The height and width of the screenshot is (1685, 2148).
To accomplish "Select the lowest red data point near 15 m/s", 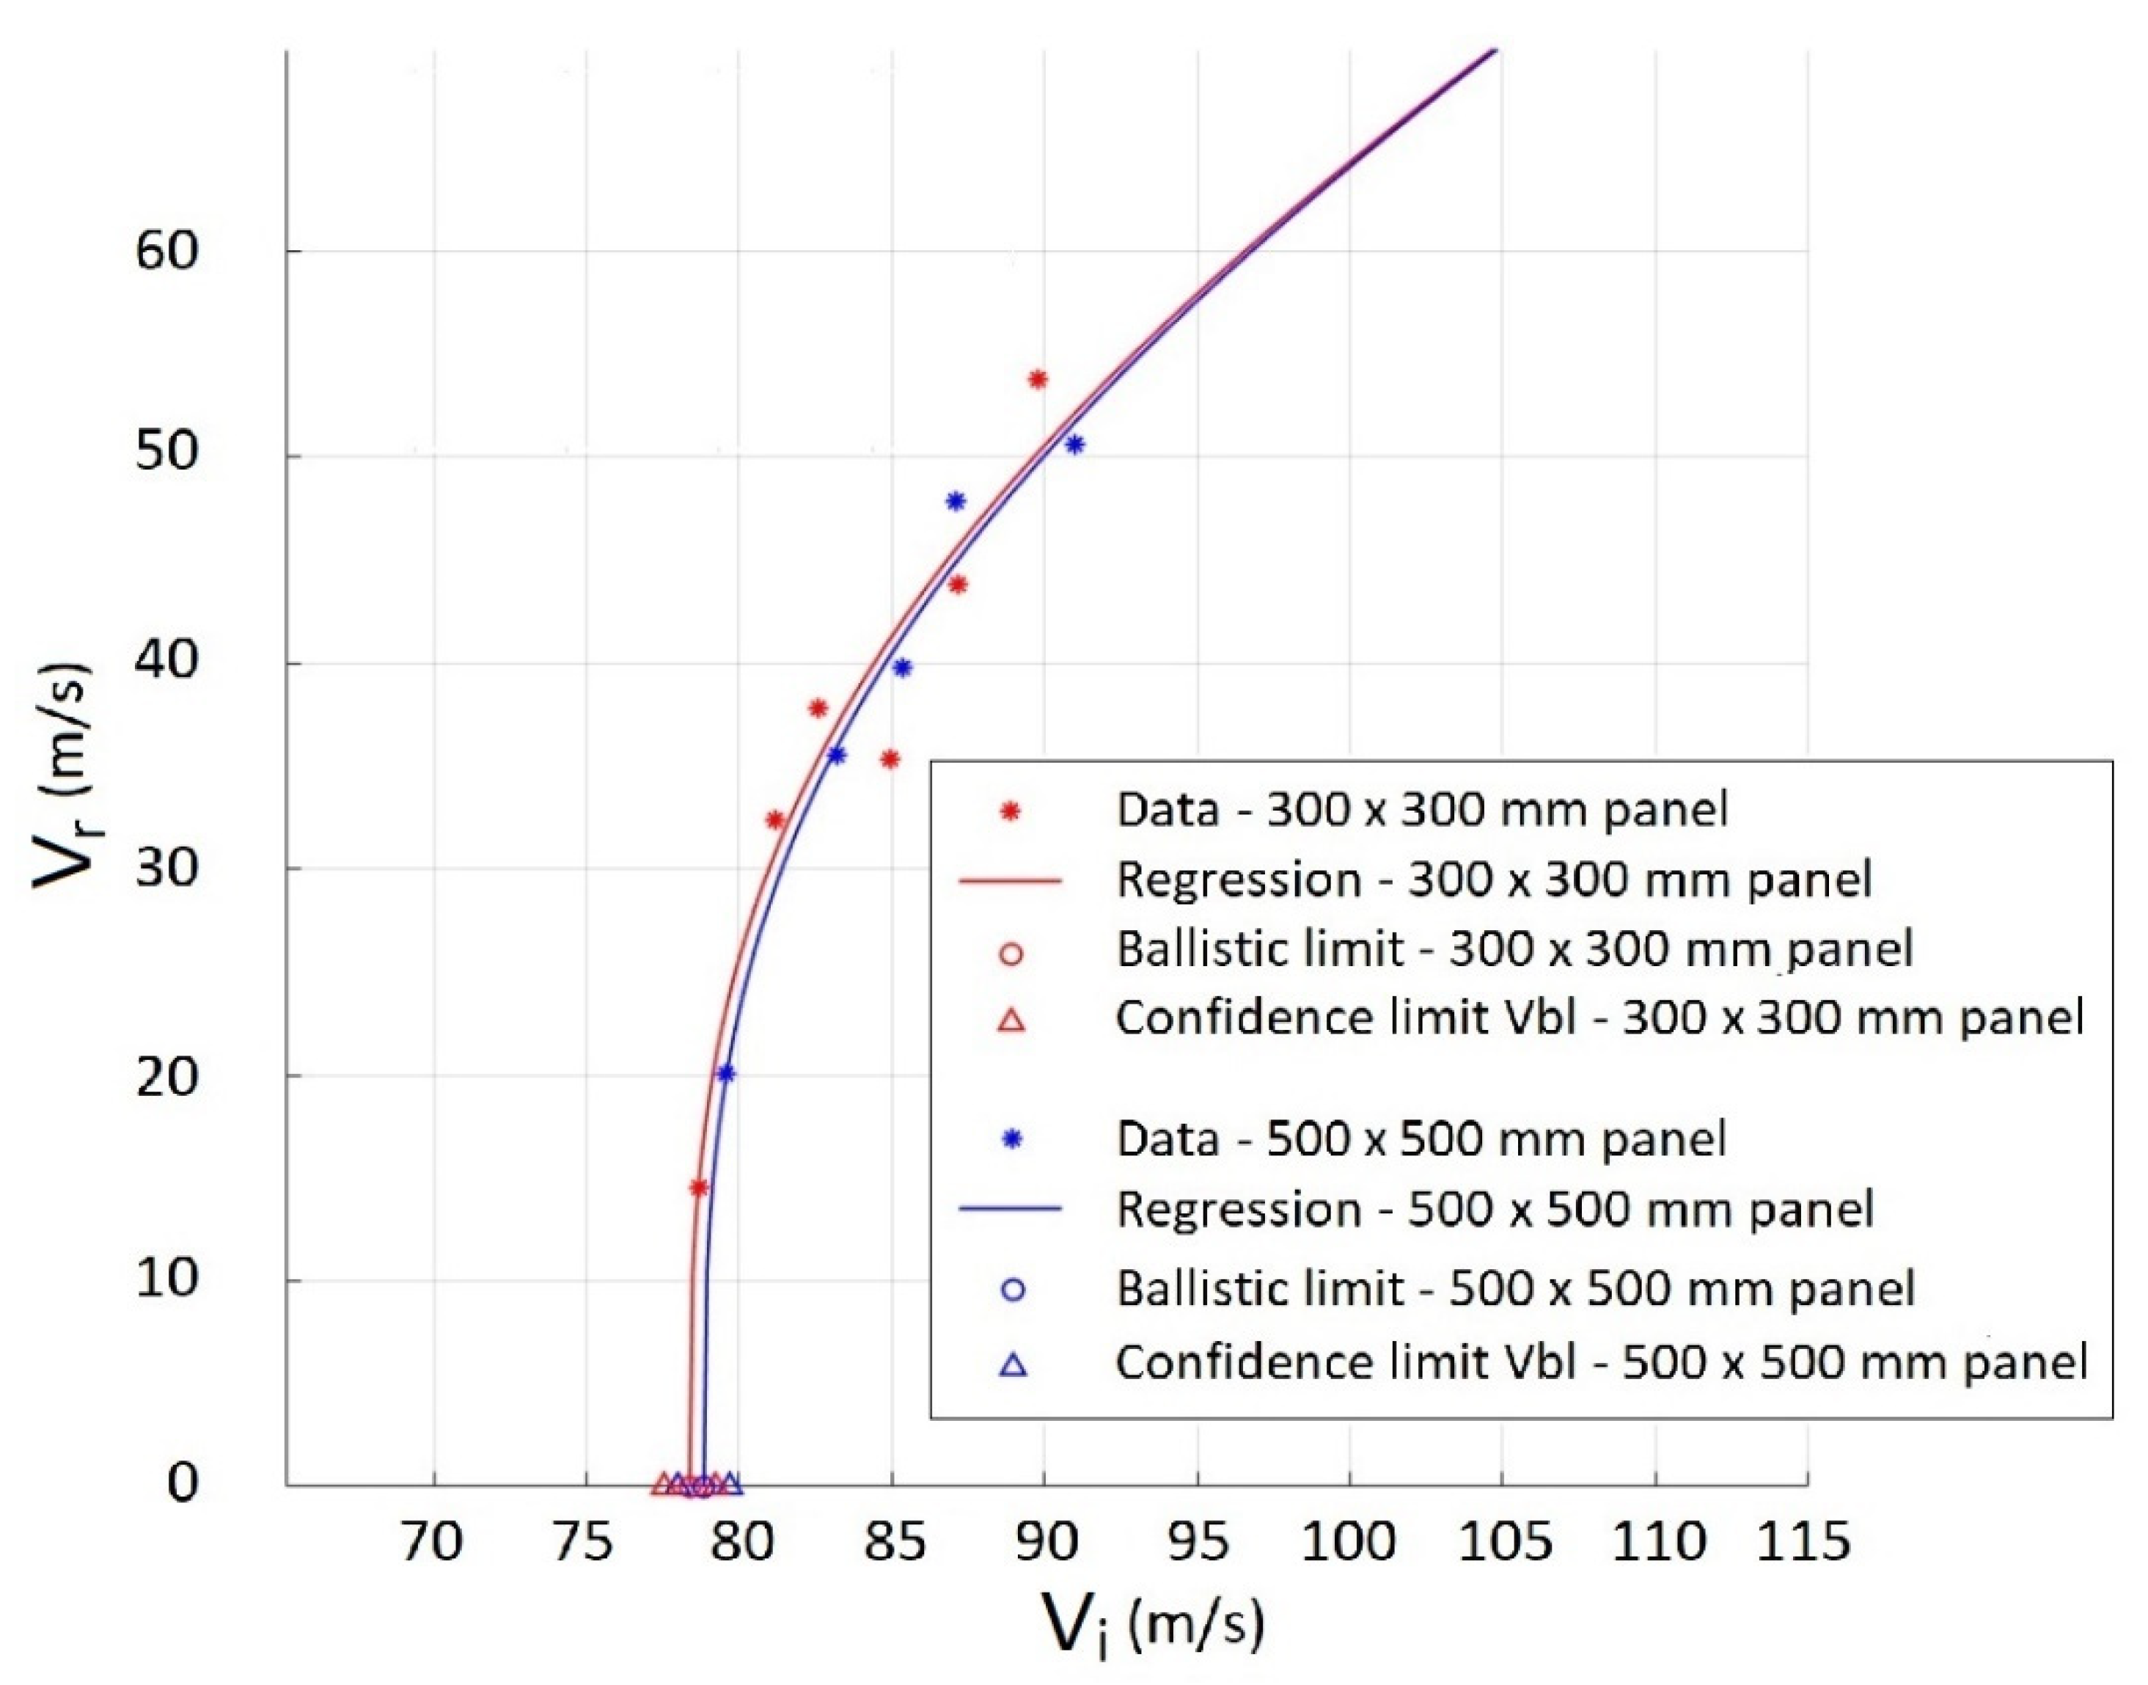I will pyautogui.click(x=698, y=1187).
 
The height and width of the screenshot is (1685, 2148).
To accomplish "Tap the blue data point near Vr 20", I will pyautogui.click(x=726, y=1072).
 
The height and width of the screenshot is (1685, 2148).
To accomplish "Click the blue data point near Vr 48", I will pyautogui.click(x=956, y=500).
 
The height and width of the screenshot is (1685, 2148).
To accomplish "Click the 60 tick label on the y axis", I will pyautogui.click(x=166, y=252).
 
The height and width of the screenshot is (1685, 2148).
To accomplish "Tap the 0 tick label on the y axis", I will pyautogui.click(x=183, y=1483).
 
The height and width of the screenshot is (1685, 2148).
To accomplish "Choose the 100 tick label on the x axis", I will pyautogui.click(x=1348, y=1542).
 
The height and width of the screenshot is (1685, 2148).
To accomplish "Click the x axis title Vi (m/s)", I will pyautogui.click(x=1154, y=1623).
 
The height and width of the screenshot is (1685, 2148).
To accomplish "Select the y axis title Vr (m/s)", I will pyautogui.click(x=61, y=775).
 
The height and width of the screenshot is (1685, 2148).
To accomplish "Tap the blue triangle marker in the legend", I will pyautogui.click(x=1013, y=1364).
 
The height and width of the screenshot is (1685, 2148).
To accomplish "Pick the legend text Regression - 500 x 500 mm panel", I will pyautogui.click(x=1494, y=1210).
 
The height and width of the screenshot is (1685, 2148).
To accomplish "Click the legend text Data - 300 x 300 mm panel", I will pyautogui.click(x=1421, y=810).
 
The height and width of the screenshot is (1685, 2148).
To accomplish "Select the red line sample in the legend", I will pyautogui.click(x=1010, y=880).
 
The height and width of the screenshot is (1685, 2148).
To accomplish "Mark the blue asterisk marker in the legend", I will pyautogui.click(x=1011, y=1139).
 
